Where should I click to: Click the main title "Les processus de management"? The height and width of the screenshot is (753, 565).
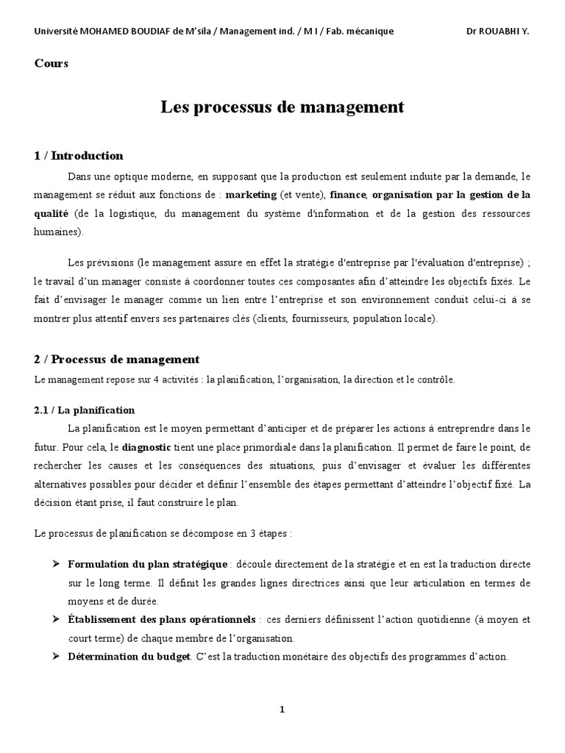[282, 107]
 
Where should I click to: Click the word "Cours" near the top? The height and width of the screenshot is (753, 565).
[51, 63]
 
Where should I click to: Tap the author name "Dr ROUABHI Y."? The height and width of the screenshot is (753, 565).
[497, 31]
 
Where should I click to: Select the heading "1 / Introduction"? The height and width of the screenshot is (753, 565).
[79, 156]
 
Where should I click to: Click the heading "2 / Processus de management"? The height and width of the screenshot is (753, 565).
[117, 360]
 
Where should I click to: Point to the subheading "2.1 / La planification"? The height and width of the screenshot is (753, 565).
[85, 410]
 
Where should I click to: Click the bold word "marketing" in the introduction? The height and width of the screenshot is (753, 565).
[251, 195]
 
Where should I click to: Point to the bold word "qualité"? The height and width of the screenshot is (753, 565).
[51, 213]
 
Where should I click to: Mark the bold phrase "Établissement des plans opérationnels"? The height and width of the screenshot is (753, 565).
[161, 619]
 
